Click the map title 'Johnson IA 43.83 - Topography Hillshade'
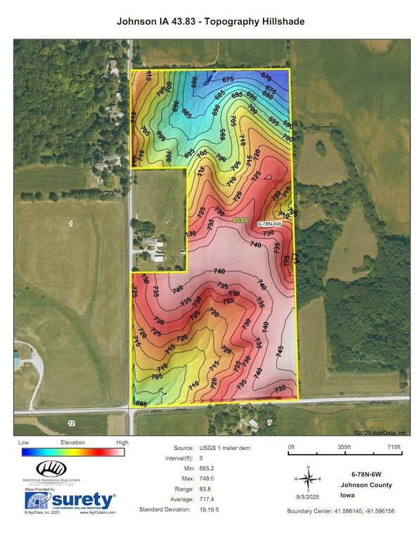[x=209, y=22]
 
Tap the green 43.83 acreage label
[x=240, y=221]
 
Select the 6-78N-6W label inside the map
[x=269, y=224]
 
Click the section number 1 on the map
[x=70, y=223]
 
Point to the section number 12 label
[x=70, y=423]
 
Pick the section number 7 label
[x=269, y=422]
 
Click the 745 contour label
[x=281, y=349]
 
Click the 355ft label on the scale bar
[x=344, y=447]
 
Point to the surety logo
[x=70, y=501]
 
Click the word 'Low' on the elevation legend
[x=24, y=443]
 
